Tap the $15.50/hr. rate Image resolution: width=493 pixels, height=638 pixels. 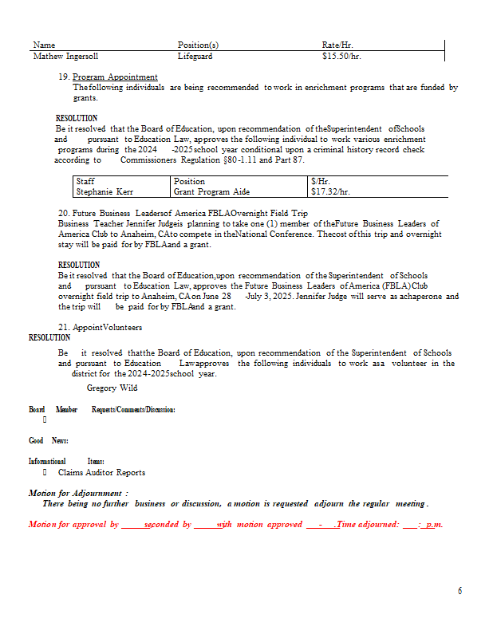[x=342, y=57]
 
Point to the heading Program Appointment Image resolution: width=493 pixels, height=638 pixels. [x=115, y=77]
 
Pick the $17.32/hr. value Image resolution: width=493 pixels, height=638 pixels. [x=330, y=191]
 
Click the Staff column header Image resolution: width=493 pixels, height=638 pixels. [x=85, y=181]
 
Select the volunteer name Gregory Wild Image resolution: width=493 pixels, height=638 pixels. [x=112, y=388]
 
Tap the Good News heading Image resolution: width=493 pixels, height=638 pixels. [x=48, y=440]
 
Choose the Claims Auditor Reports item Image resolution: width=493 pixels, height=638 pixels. [x=101, y=472]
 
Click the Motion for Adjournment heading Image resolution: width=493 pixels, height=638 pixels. [x=78, y=493]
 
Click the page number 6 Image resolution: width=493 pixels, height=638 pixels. [x=459, y=591]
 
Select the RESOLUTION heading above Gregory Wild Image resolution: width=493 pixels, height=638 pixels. [x=49, y=337]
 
